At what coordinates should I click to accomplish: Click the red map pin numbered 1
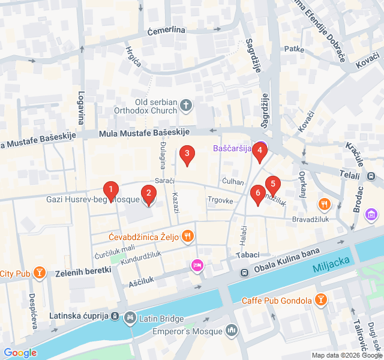(110, 191)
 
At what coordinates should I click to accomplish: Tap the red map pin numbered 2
(148, 194)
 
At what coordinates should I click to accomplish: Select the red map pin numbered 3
(187, 155)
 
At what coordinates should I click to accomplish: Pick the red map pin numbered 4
(259, 152)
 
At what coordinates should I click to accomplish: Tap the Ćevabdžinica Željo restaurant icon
(188, 236)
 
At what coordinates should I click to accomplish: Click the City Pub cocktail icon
(40, 274)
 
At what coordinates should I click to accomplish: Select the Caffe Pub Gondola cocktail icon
(321, 300)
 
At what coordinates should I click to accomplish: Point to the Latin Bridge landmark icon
(130, 316)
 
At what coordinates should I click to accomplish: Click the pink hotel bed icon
(197, 265)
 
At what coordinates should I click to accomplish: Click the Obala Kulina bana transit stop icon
(245, 273)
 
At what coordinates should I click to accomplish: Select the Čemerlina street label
(166, 30)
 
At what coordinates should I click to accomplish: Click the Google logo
(20, 353)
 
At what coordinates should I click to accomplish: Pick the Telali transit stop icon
(371, 176)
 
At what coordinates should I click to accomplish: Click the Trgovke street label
(220, 200)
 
